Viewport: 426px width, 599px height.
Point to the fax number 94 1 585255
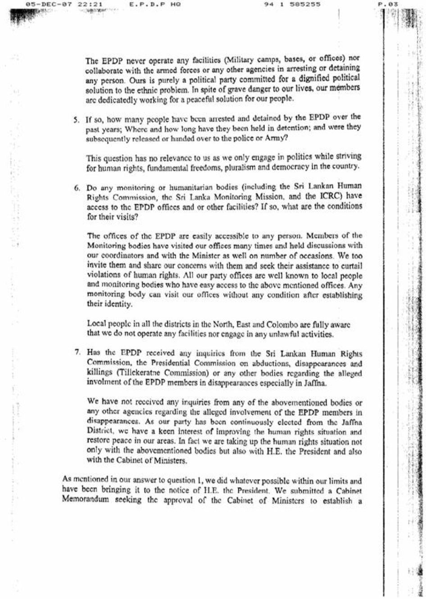click(x=293, y=5)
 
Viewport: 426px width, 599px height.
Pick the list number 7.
click(x=77, y=354)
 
